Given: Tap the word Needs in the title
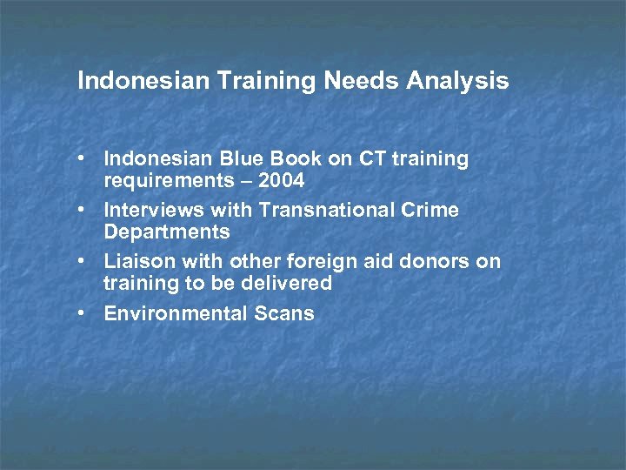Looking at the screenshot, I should coord(359,82).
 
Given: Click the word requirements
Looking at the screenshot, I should coord(164,181).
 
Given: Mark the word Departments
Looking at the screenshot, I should coord(167,232).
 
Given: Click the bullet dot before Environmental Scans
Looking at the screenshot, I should coord(80,313).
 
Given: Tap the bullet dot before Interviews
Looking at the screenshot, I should coord(80,211).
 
